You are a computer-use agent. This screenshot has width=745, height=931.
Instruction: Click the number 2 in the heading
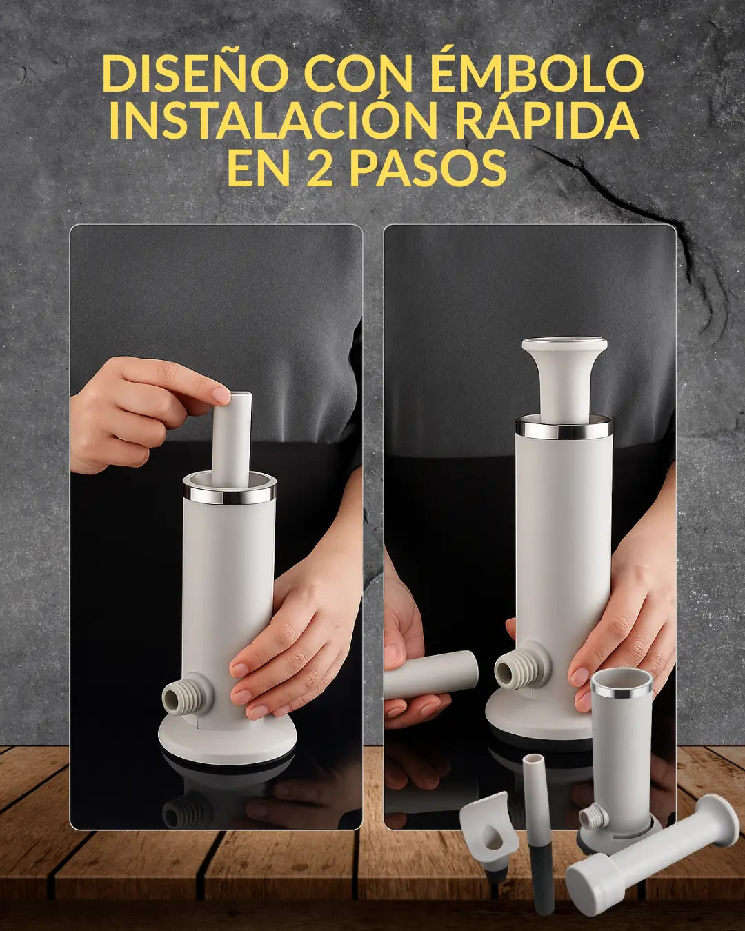(319, 168)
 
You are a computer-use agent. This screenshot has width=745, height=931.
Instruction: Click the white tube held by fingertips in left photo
(231, 439)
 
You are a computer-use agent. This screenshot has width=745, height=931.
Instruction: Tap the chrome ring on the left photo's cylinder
(230, 495)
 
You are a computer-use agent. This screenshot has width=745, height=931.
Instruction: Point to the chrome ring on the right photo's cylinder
(564, 428)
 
